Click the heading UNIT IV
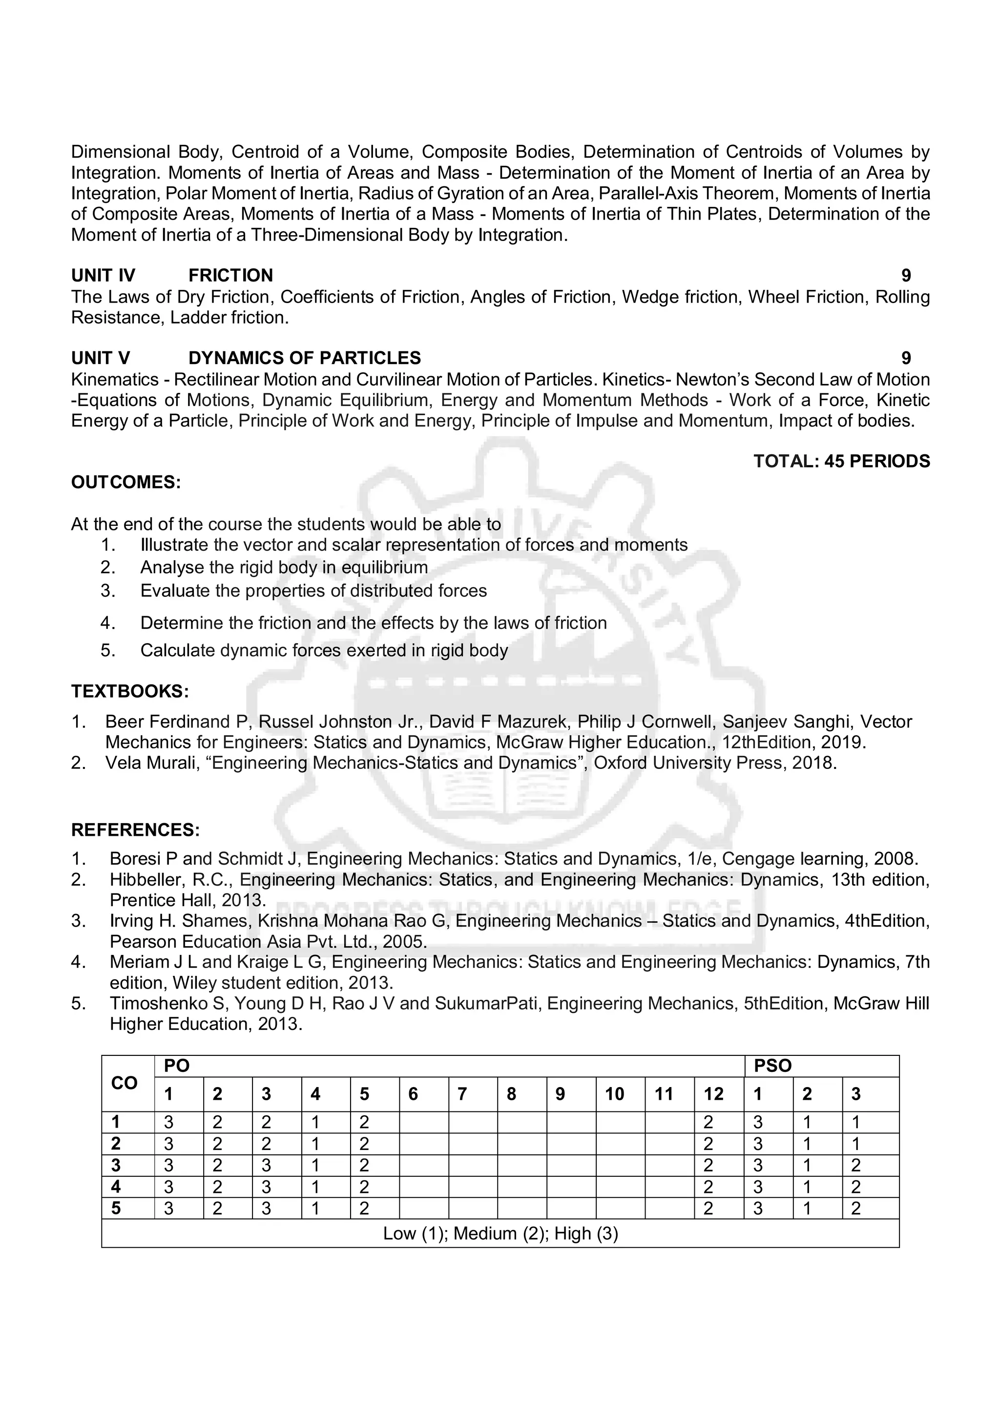click(x=103, y=275)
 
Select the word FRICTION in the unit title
click(x=230, y=275)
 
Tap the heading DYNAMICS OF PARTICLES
click(x=304, y=358)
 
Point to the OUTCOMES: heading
click(x=125, y=482)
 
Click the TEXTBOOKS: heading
click(x=129, y=691)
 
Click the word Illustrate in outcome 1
click(x=174, y=545)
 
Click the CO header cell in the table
click(x=125, y=1083)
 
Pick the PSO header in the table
click(x=772, y=1066)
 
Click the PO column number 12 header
click(x=713, y=1094)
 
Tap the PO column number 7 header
click(x=462, y=1094)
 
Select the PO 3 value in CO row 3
click(x=266, y=1166)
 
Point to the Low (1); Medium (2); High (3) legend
click(x=500, y=1233)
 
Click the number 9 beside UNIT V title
click(x=906, y=358)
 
